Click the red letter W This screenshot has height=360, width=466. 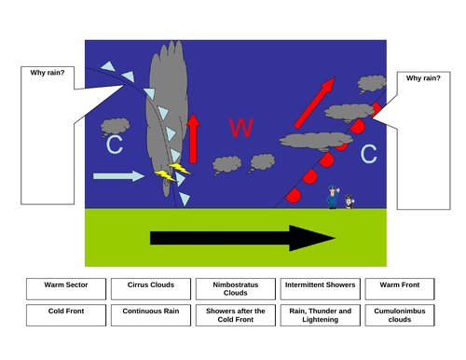(x=240, y=129)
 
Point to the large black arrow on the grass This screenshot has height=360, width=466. (x=233, y=239)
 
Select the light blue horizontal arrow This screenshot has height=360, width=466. (x=119, y=175)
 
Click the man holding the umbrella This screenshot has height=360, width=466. (x=333, y=197)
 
